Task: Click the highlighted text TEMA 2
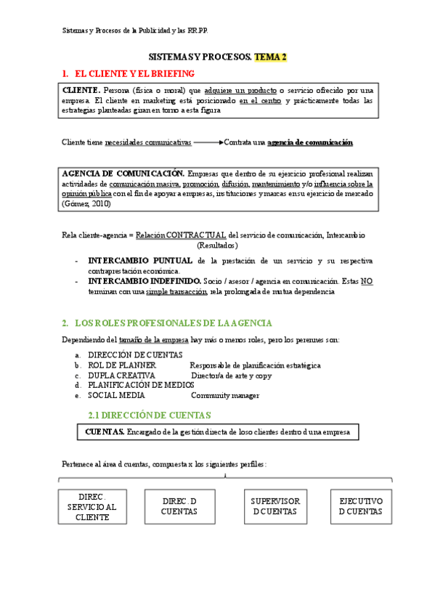270,57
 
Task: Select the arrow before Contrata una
208,142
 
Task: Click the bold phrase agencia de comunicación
310,142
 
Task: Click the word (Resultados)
217,246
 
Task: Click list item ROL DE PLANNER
118,365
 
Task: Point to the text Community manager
225,396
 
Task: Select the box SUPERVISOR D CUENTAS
275,506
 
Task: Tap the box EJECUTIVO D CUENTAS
361,506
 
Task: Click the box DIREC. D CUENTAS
179,506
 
